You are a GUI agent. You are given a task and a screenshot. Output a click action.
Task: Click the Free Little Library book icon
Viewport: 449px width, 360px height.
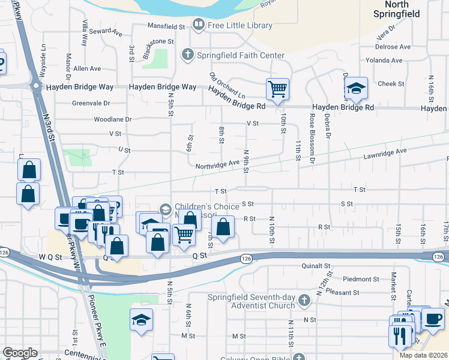pyautogui.click(x=198, y=25)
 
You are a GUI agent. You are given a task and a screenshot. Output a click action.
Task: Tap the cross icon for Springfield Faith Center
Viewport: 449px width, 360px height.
pyautogui.click(x=187, y=55)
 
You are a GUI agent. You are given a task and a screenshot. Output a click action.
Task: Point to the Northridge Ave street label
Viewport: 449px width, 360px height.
pyautogui.click(x=216, y=164)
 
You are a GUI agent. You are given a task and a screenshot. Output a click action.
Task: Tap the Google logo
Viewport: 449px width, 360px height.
pyautogui.click(x=20, y=353)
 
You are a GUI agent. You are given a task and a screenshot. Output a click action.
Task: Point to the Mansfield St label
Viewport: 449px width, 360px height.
pyautogui.click(x=167, y=26)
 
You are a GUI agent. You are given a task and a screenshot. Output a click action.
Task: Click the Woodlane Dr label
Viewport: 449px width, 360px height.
pyautogui.click(x=112, y=119)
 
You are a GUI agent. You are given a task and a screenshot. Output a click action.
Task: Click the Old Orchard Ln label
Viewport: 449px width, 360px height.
pyautogui.click(x=228, y=86)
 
